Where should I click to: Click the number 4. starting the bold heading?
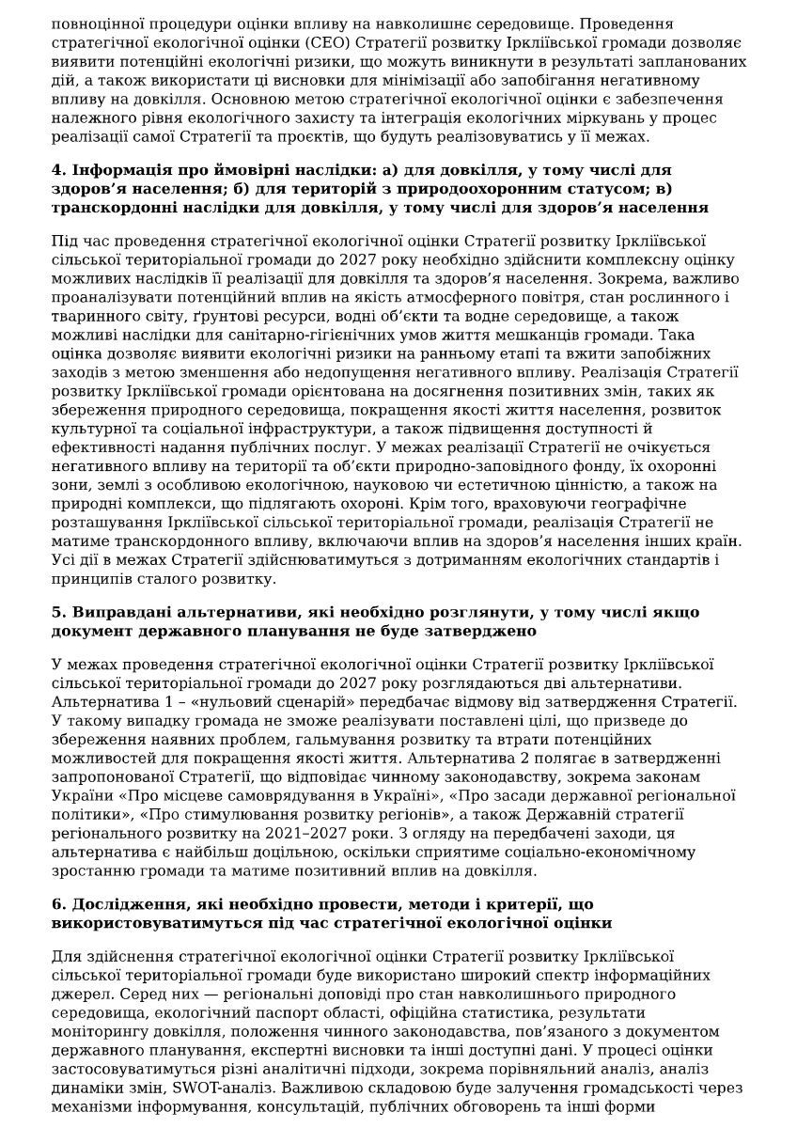pos(59,170)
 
